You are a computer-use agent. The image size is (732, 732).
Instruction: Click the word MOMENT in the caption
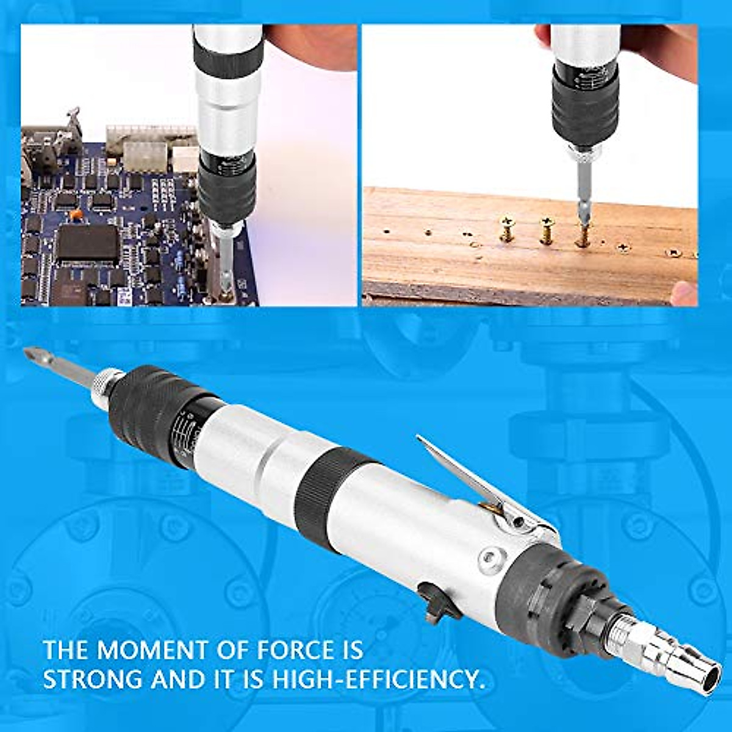(155, 650)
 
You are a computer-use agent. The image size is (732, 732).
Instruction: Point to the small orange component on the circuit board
(76, 214)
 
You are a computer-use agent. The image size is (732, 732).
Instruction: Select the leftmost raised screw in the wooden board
(506, 229)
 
